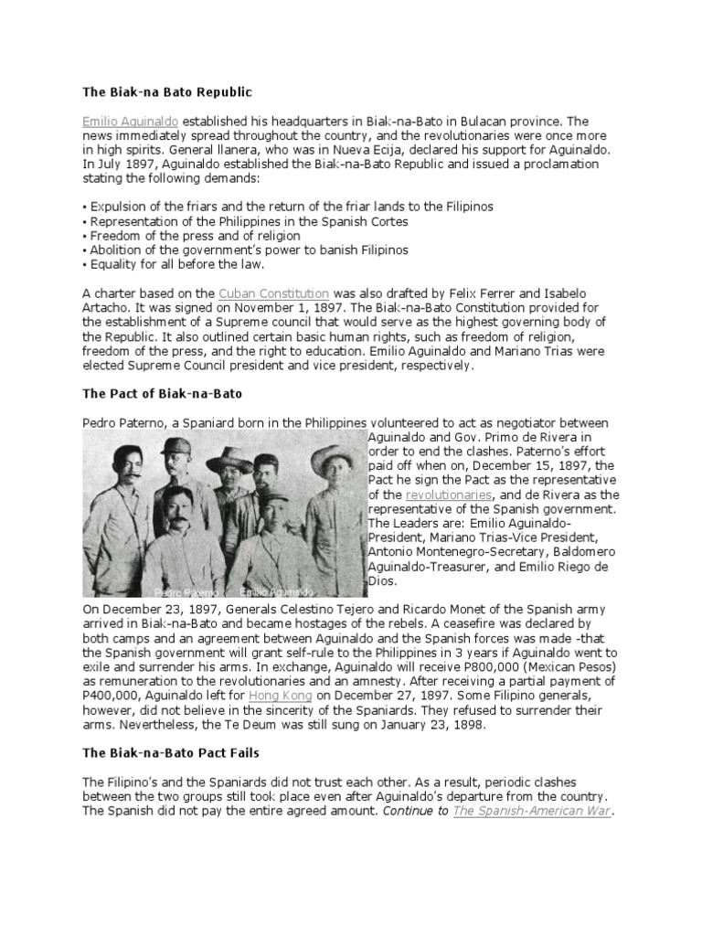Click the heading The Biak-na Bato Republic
tap(166, 93)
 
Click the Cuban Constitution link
tap(274, 293)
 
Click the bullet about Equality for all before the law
tap(174, 264)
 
